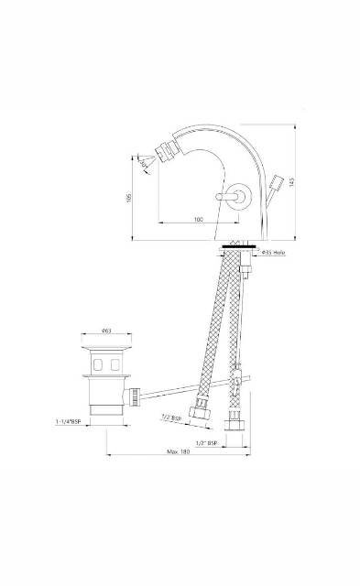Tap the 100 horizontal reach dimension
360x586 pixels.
(x=198, y=220)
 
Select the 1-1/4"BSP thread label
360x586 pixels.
(x=70, y=422)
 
